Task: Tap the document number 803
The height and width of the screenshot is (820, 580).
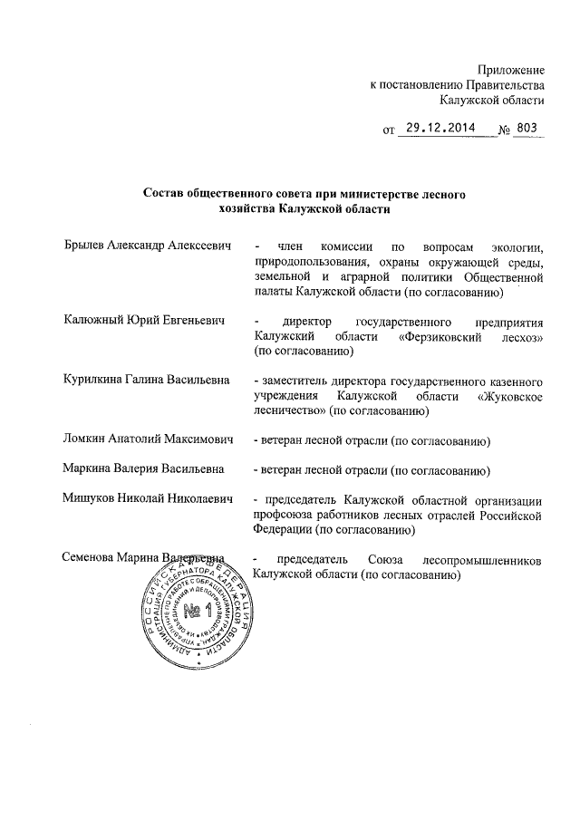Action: click(527, 129)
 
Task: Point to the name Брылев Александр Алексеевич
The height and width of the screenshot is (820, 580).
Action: click(148, 246)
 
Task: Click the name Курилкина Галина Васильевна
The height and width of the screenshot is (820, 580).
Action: click(147, 380)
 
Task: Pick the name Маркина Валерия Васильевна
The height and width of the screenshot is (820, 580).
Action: click(142, 469)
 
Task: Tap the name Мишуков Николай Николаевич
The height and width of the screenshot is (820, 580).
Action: click(149, 498)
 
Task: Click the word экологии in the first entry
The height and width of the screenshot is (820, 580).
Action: click(514, 246)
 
